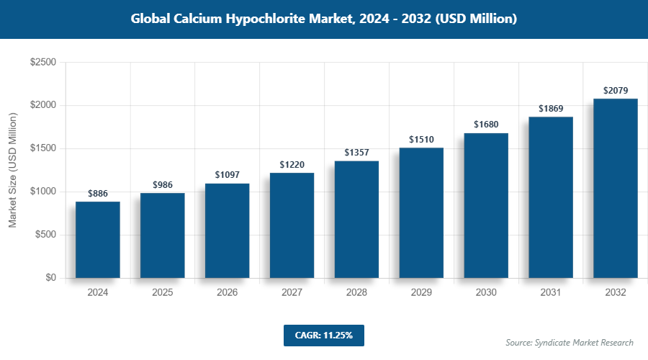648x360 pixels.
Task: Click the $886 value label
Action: [x=98, y=194]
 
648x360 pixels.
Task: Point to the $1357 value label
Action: [x=356, y=153]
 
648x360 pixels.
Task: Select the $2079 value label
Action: [x=616, y=91]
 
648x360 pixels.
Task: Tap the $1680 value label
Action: [x=486, y=125]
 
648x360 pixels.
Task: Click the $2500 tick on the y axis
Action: [x=43, y=63]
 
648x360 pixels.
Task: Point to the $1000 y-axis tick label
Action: [x=43, y=192]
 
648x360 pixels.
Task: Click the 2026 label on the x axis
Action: [x=228, y=293]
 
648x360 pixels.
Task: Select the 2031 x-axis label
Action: [x=551, y=293]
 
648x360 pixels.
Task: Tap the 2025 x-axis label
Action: [x=163, y=293]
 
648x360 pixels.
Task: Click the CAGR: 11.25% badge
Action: [x=323, y=335]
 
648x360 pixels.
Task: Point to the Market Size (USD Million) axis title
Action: [x=13, y=170]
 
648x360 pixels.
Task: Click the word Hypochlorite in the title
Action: [x=268, y=19]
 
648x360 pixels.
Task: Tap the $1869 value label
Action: [x=551, y=109]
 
